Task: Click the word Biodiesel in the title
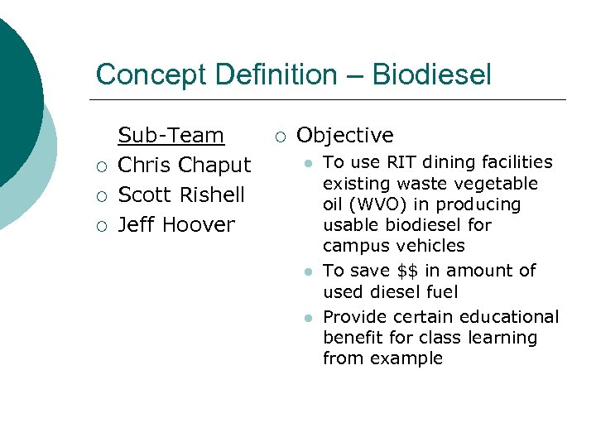431,75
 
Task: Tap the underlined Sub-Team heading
171,136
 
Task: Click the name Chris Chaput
184,166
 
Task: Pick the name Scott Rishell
181,195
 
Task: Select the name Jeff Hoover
176,225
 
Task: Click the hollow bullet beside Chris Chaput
99,166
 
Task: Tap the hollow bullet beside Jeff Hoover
99,226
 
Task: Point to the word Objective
345,136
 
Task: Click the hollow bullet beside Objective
281,137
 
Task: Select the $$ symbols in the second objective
406,271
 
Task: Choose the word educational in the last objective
509,317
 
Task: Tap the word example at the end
406,358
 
